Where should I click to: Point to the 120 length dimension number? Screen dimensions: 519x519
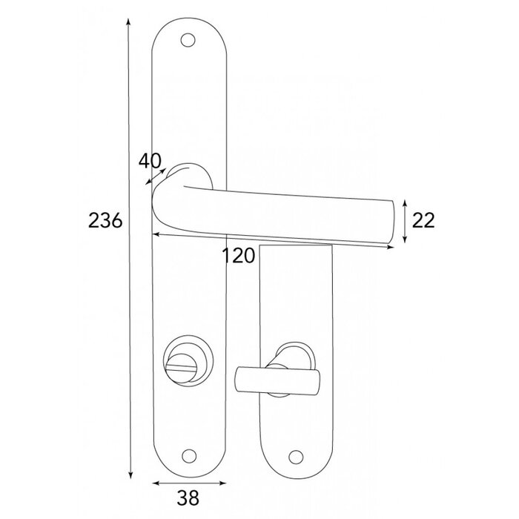(x=239, y=256)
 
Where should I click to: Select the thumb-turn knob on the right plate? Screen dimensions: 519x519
(x=275, y=377)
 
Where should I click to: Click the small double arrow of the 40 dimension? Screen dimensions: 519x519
(x=156, y=175)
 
